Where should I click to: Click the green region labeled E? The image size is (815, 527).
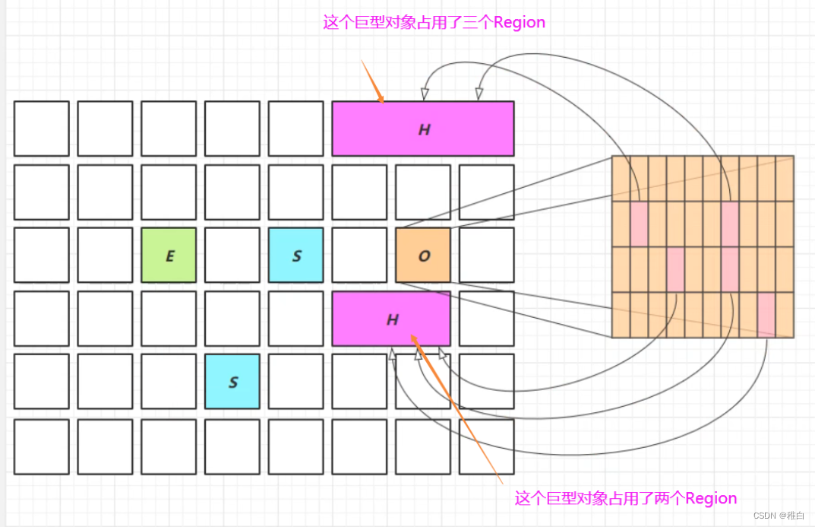point(169,256)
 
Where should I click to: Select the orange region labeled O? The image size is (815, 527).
point(423,256)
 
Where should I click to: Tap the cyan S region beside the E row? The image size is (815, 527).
point(295,256)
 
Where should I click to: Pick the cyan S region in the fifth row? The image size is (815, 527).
point(232,382)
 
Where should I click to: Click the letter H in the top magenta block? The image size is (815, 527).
point(424,130)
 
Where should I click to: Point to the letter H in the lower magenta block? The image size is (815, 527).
point(392,319)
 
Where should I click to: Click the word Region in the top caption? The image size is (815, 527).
point(520,23)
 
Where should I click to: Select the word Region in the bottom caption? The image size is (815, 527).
point(711,499)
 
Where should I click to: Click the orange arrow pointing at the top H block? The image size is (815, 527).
point(372,82)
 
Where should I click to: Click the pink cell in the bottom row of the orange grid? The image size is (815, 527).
point(766,315)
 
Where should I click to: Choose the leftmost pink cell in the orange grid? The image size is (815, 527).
point(639,224)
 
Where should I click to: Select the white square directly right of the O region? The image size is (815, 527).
point(486,256)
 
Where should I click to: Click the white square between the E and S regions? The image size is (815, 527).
point(232,256)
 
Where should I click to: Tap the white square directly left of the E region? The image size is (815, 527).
point(105,256)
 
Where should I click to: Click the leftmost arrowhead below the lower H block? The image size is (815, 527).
point(393,353)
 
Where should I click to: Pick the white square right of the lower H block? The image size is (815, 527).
point(486,319)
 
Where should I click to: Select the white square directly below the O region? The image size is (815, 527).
point(423,319)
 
